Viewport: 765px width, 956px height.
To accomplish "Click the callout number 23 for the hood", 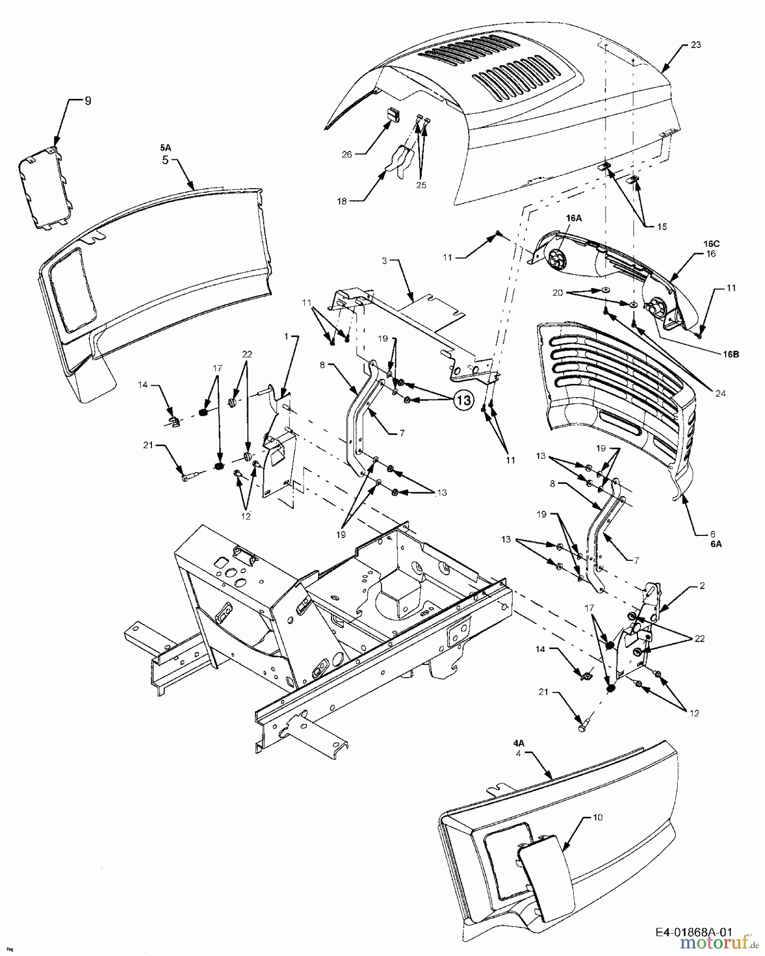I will (695, 45).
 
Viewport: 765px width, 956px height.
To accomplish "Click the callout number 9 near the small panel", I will (88, 100).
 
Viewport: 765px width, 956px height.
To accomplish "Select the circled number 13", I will (463, 400).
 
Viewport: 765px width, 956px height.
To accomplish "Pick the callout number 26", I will (346, 155).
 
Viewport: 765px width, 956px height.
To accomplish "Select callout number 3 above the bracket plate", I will (385, 260).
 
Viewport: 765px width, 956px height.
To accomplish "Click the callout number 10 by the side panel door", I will (597, 817).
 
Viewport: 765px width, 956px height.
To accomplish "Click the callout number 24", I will (720, 394).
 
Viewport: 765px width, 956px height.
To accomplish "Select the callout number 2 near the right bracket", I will (702, 586).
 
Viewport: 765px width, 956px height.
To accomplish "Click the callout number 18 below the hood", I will (342, 201).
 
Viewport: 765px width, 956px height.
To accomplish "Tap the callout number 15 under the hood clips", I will (661, 226).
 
